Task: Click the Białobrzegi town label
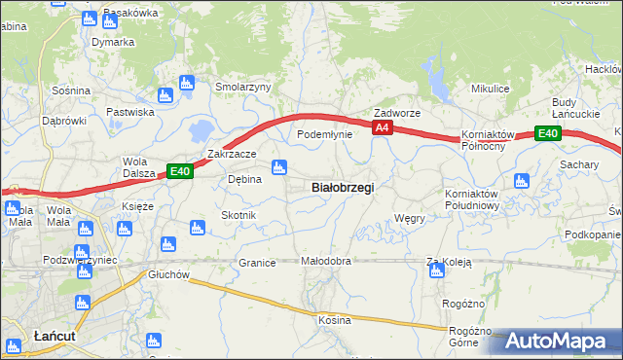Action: coord(342,187)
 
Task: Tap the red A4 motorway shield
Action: coord(383,127)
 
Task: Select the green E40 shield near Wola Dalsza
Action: coord(178,171)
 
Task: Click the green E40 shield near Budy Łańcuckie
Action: coord(548,133)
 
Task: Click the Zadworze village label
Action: coord(397,113)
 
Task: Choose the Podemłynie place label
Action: coord(324,134)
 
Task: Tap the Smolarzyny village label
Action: coord(243,87)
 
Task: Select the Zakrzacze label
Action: coord(232,154)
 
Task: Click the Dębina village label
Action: coord(244,179)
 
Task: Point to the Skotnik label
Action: coord(238,215)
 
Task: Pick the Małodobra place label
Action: coord(325,262)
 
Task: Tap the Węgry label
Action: coord(410,219)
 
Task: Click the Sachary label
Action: coord(578,164)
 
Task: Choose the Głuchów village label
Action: coord(168,274)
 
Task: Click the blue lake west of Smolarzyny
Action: coord(202,128)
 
